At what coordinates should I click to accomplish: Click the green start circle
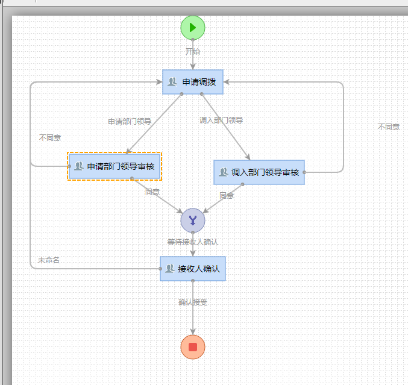coord(193,27)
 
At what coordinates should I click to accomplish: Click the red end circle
coord(193,347)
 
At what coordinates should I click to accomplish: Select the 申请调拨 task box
coord(193,82)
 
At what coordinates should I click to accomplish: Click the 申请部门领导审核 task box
coord(115,166)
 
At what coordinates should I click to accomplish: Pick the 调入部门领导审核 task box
coord(259,172)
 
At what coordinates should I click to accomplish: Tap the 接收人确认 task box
coord(193,269)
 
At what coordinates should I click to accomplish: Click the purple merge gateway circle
coord(193,220)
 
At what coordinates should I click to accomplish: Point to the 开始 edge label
coord(193,52)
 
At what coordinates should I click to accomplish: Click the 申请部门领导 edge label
coord(130,121)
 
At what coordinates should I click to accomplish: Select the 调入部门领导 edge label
coord(221,120)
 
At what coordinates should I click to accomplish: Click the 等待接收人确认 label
coord(193,242)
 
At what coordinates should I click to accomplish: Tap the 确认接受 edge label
coord(193,302)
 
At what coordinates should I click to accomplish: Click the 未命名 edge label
coord(49,260)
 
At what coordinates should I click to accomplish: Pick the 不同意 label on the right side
coord(389,127)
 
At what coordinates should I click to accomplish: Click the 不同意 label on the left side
coord(50,137)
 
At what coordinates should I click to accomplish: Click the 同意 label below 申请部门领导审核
coord(152,192)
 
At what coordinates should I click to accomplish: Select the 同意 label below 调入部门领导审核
coord(227,195)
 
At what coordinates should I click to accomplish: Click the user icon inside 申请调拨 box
coord(172,82)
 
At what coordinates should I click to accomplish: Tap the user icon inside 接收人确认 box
coord(169,269)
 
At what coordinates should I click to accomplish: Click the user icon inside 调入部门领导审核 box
coord(224,172)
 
